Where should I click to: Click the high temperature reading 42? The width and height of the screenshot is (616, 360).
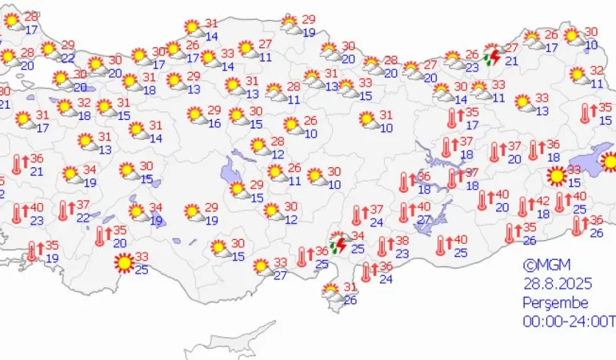click(542, 202)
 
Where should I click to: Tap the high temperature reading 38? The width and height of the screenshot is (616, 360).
click(402, 241)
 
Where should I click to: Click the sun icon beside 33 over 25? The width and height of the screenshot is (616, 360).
click(123, 262)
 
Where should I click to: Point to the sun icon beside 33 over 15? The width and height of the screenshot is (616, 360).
click(556, 175)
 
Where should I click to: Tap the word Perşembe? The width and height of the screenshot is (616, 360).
click(555, 303)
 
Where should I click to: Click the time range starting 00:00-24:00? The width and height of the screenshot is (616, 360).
click(568, 322)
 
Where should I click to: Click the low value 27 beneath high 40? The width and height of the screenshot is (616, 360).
click(424, 220)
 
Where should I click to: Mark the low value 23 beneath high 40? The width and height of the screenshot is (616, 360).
click(37, 221)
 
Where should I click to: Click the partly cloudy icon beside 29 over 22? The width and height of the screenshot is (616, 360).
click(50, 50)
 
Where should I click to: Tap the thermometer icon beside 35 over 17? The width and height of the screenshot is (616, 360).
click(453, 118)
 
